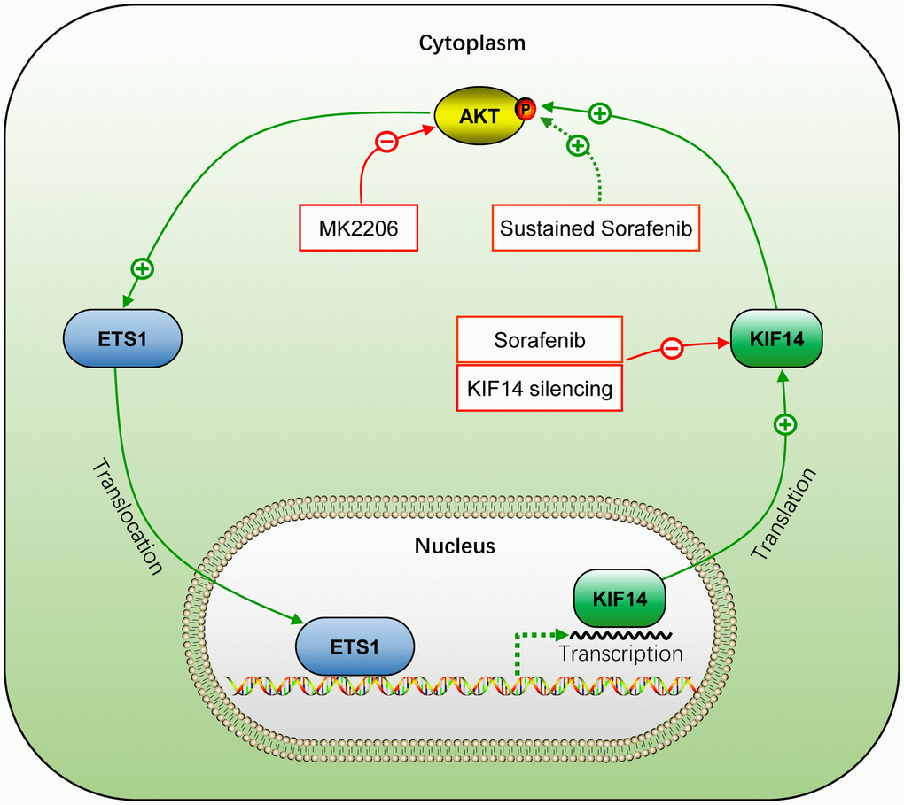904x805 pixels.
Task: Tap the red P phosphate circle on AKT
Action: [x=526, y=109]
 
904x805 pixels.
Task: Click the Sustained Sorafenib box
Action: [x=596, y=228]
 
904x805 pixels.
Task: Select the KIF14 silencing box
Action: [x=539, y=388]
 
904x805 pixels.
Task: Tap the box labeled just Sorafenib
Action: [x=539, y=340]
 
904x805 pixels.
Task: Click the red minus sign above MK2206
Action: [x=386, y=142]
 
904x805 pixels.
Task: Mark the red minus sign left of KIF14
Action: [x=673, y=350]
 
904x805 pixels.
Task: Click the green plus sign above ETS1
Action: [x=141, y=267]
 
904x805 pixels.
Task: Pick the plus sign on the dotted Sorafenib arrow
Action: [x=578, y=144]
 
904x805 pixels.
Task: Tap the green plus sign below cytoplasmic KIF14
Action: [x=784, y=425]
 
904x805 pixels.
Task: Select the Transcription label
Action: [x=621, y=654]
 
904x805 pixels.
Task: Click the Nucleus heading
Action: [x=455, y=546]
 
